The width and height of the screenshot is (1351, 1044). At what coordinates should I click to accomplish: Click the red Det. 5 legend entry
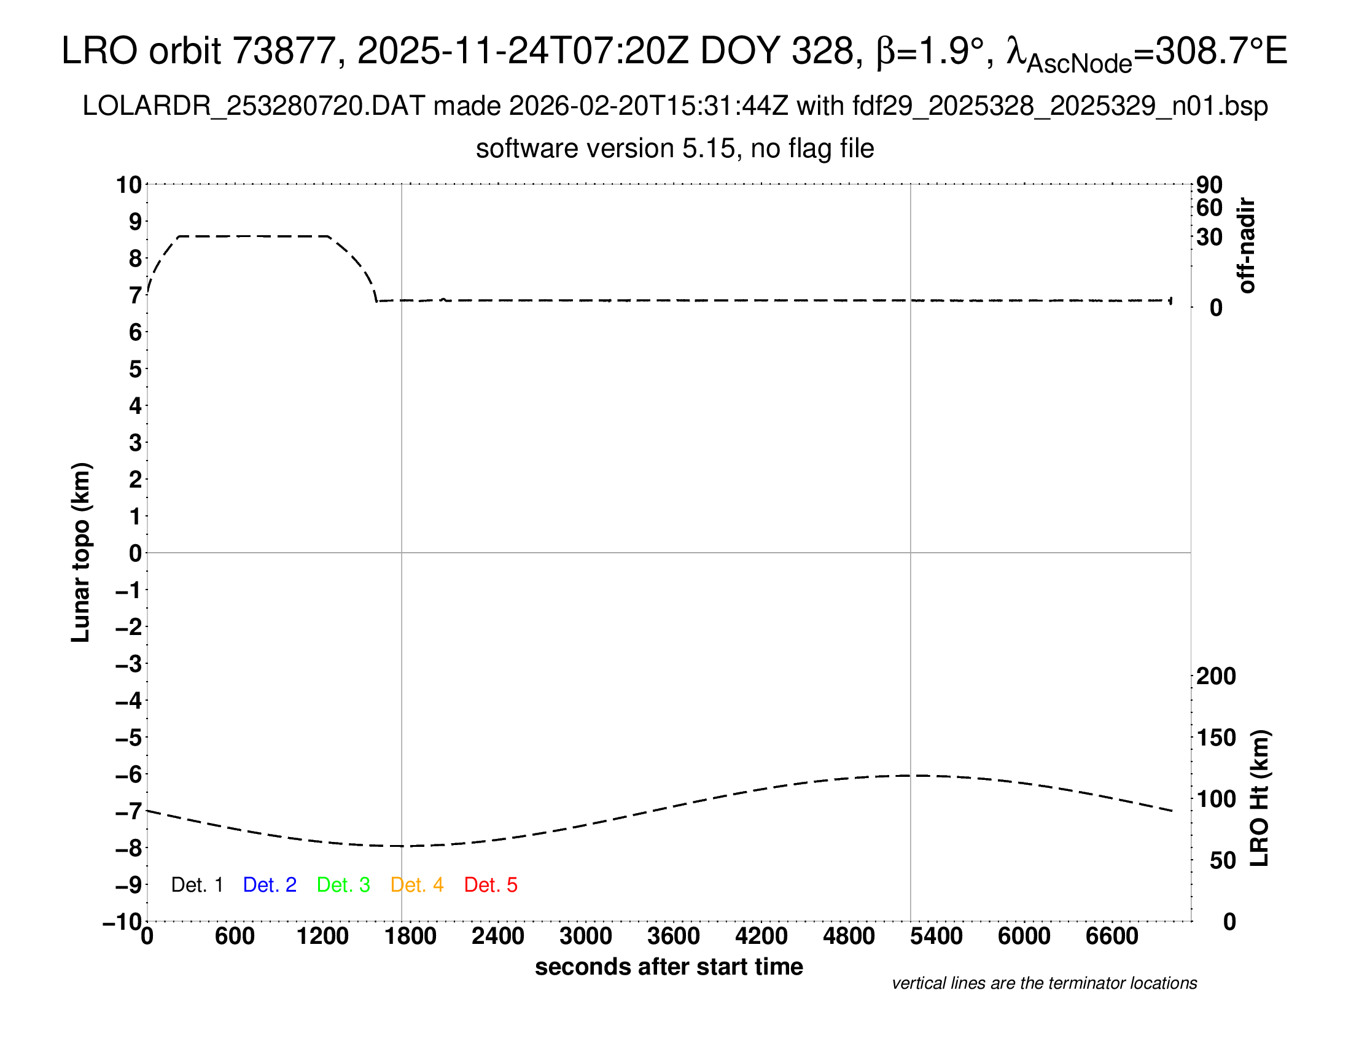click(x=491, y=885)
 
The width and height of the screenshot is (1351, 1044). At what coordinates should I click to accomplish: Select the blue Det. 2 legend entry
click(x=270, y=885)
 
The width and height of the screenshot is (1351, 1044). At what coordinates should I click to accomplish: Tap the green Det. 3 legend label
click(x=343, y=885)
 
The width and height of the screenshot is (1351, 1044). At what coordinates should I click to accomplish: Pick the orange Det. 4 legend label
click(x=417, y=885)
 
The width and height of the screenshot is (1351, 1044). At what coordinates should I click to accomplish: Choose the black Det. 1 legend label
click(x=197, y=885)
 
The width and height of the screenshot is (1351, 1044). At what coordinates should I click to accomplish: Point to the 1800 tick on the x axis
click(x=411, y=937)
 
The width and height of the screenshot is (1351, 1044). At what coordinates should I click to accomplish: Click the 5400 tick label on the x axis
click(x=936, y=937)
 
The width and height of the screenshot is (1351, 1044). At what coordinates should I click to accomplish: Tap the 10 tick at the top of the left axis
click(x=130, y=185)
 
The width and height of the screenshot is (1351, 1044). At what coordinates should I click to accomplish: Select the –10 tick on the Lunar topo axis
click(x=122, y=922)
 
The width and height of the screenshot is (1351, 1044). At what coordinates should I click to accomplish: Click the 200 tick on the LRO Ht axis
click(x=1216, y=676)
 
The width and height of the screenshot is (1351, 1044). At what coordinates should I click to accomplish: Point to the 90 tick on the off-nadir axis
click(x=1209, y=185)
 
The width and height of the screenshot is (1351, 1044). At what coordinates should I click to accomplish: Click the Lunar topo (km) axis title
click(x=81, y=552)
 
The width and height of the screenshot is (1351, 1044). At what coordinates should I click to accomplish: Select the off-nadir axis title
click(x=1247, y=246)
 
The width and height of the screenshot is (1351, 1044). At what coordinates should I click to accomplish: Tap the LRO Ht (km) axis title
click(x=1260, y=798)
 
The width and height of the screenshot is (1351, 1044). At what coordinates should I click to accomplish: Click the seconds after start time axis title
click(x=669, y=967)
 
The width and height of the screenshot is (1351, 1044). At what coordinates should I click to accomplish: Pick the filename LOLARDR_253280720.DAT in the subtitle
click(x=254, y=106)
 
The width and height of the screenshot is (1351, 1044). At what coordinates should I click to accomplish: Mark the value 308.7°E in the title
click(x=1221, y=51)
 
